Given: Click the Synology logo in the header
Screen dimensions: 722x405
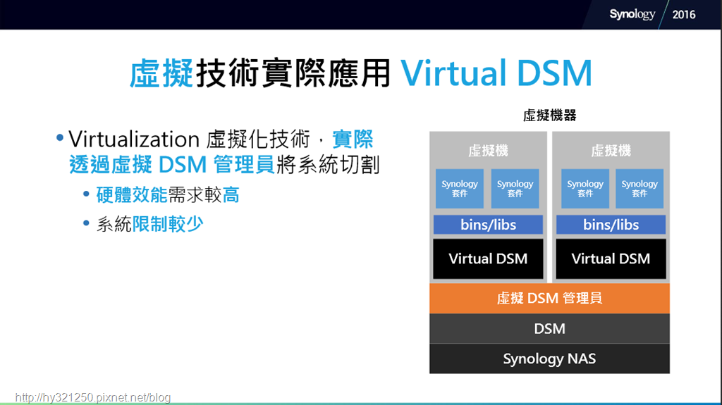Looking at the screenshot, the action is click(x=632, y=14).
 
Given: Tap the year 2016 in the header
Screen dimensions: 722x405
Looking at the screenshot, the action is click(x=684, y=15).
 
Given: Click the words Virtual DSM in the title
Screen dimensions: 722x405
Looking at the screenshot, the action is click(x=496, y=73).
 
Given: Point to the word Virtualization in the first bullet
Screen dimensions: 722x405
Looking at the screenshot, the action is click(x=134, y=139).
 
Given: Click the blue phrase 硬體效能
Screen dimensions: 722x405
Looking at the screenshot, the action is click(x=132, y=195).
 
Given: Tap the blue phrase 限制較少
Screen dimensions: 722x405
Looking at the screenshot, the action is click(x=168, y=224).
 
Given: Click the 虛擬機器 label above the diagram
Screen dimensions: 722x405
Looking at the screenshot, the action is click(x=550, y=115).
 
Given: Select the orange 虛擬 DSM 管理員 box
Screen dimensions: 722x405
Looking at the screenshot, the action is click(x=549, y=298).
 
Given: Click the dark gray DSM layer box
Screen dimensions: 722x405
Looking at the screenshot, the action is click(x=549, y=329).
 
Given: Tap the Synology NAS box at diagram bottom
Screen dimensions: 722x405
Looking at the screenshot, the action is click(x=549, y=359).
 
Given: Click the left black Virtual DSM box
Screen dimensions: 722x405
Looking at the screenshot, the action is click(x=488, y=258).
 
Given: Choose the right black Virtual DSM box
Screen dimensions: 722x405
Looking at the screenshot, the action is click(x=611, y=258).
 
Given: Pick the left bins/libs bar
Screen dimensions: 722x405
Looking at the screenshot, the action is click(x=488, y=225).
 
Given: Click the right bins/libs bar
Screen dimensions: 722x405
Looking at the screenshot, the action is click(x=611, y=225).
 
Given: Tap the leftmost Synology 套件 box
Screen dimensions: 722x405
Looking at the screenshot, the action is click(x=460, y=188).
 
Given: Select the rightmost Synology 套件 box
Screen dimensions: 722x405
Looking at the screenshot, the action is click(x=640, y=188).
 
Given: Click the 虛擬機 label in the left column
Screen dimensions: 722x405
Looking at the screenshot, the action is click(x=488, y=151).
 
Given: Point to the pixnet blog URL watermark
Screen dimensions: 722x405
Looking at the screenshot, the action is click(x=93, y=397).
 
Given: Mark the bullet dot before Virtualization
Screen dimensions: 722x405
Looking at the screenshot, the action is click(x=60, y=137).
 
